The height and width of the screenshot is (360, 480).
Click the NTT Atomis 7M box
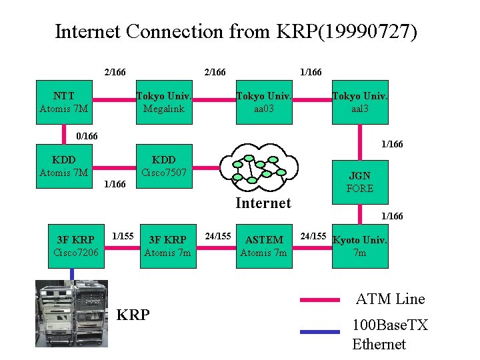(x=65, y=102)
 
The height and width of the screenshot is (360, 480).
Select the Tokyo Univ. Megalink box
(x=164, y=102)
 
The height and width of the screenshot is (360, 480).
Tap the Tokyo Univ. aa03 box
(x=264, y=102)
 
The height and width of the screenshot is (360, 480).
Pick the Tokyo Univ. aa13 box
(x=360, y=102)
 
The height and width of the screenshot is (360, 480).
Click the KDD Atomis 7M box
(x=65, y=166)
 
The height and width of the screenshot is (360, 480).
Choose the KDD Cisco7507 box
(x=164, y=166)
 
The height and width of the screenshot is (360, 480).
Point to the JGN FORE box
(x=360, y=182)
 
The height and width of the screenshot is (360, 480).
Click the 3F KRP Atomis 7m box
(x=167, y=246)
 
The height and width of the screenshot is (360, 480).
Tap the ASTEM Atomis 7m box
(x=264, y=246)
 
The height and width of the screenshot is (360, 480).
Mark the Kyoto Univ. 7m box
(x=360, y=246)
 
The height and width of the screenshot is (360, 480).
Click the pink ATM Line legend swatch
(x=320, y=300)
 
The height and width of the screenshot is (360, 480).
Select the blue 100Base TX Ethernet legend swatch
(x=320, y=331)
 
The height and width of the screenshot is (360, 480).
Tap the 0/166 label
(x=87, y=136)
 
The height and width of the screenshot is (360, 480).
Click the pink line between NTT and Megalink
(x=114, y=102)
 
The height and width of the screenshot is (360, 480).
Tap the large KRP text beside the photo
(x=133, y=315)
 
